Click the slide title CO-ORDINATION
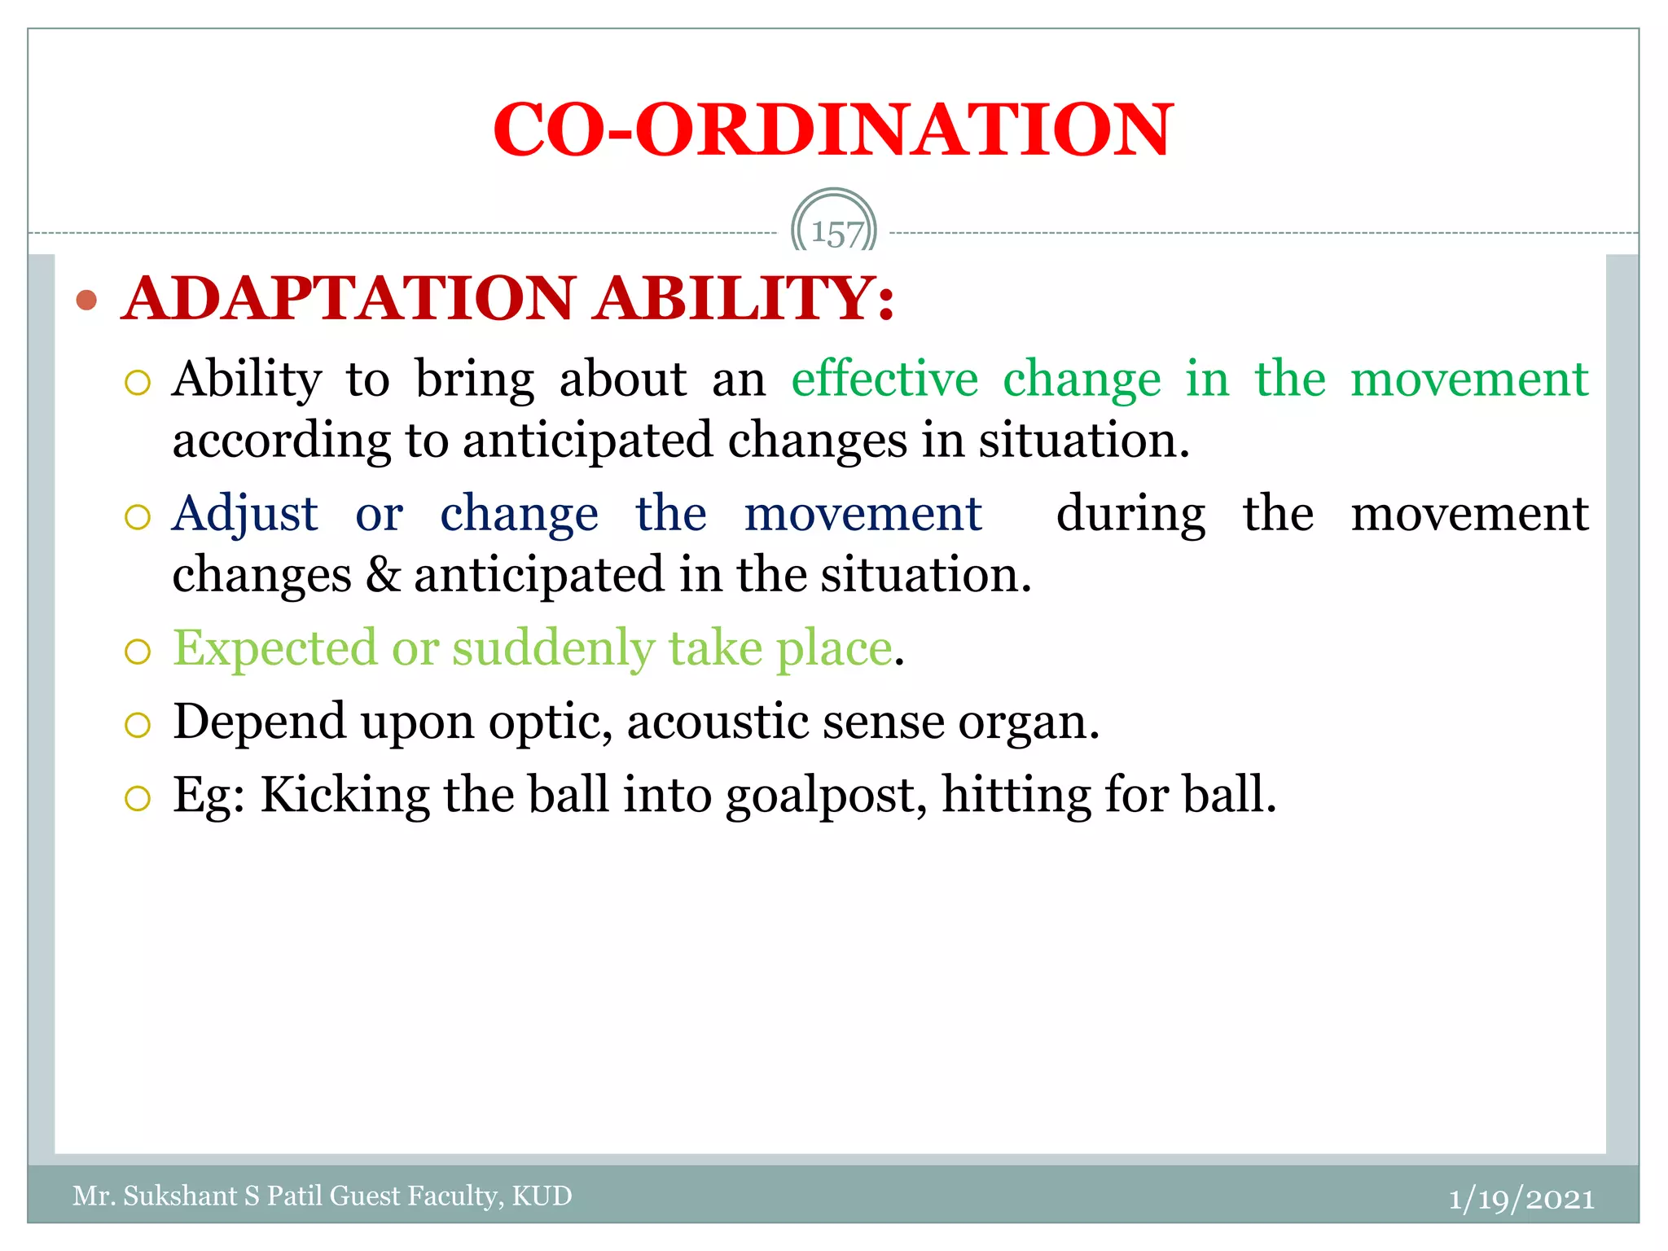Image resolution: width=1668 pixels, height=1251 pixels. click(832, 130)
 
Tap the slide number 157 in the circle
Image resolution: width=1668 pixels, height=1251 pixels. click(836, 234)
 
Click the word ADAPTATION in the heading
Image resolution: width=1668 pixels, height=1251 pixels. click(349, 298)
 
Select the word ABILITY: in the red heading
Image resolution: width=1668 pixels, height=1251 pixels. click(744, 298)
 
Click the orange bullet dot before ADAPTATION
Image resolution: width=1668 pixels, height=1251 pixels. click(86, 301)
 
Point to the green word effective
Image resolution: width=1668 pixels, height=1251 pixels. click(884, 380)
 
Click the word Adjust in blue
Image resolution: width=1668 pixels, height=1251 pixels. click(244, 515)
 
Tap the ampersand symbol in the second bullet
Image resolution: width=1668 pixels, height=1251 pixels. click(382, 575)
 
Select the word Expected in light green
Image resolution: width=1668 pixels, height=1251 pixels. click(274, 649)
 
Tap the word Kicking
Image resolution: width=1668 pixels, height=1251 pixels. click(345, 796)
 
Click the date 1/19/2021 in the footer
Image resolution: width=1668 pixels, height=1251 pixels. click(1521, 1199)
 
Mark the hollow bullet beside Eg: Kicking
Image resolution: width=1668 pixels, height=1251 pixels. click(138, 798)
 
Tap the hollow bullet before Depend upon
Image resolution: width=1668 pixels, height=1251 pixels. click(138, 725)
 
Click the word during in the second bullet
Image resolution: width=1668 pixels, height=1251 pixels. click(1130, 515)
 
